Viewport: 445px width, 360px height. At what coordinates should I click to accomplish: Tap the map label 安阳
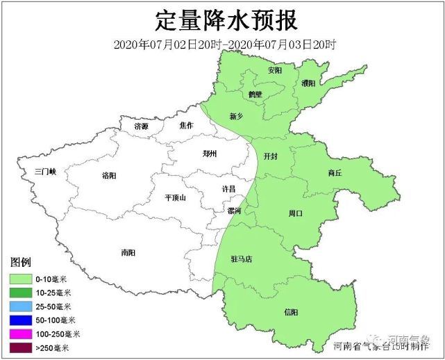pos(275,70)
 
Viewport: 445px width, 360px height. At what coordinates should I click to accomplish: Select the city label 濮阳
pos(309,83)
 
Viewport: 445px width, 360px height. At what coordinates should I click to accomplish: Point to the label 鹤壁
pos(255,94)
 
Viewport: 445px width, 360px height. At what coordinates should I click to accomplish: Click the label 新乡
pos(236,115)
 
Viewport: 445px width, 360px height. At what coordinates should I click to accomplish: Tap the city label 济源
pos(142,126)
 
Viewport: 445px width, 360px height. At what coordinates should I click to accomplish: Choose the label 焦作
pos(186,126)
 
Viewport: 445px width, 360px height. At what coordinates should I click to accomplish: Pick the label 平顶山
pos(175,197)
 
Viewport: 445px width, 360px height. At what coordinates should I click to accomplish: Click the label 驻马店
pos(242,259)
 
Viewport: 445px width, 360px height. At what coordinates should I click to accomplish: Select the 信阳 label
pos(292,311)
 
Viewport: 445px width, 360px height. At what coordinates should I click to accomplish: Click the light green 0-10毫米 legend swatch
pos(24,278)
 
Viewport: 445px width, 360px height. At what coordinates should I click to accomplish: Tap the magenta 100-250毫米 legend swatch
pos(24,334)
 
